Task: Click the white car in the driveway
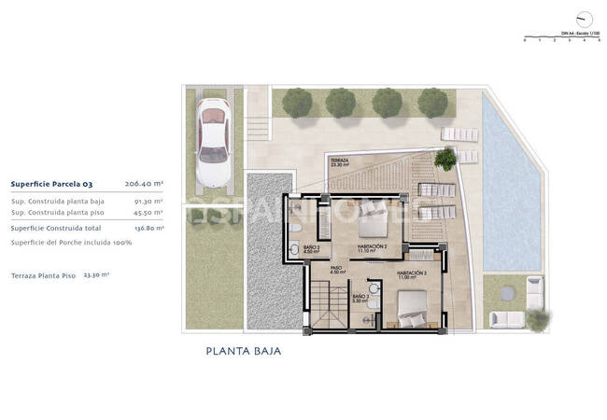(214, 137)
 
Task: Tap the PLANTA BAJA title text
(243, 352)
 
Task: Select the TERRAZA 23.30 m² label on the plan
(339, 163)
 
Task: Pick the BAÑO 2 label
(312, 249)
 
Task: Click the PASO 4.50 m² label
(338, 271)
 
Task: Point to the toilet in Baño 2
(294, 231)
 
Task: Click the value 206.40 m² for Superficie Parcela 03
(144, 185)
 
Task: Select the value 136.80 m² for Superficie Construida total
(149, 228)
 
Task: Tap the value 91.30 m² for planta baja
(149, 201)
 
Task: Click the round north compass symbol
(586, 19)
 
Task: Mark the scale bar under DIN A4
(560, 38)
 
